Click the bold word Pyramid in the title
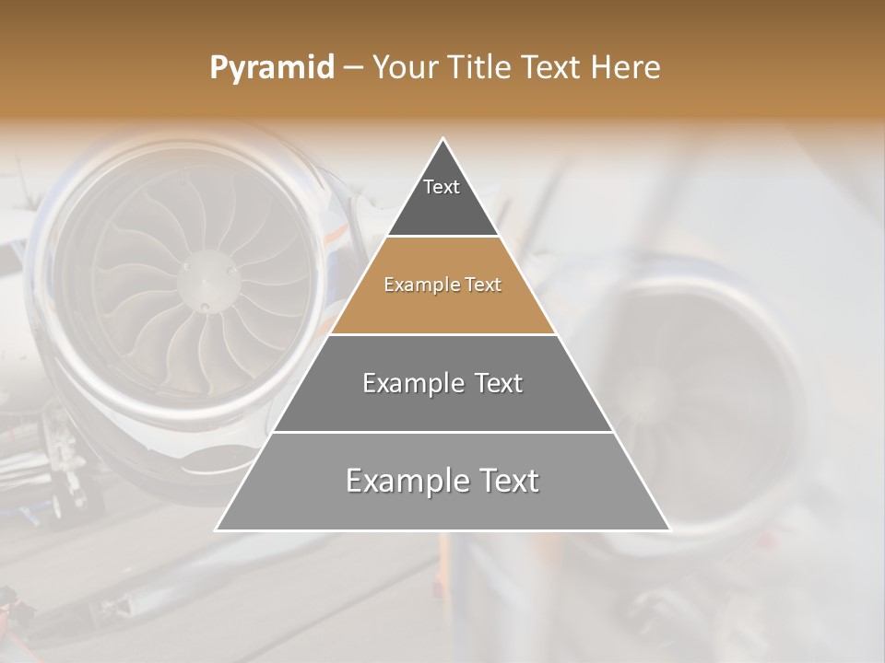pos(271,68)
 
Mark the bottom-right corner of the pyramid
pos(668,529)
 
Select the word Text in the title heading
pos(555,68)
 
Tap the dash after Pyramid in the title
pos(353,68)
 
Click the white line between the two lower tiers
pos(442,432)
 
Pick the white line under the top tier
pos(442,236)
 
